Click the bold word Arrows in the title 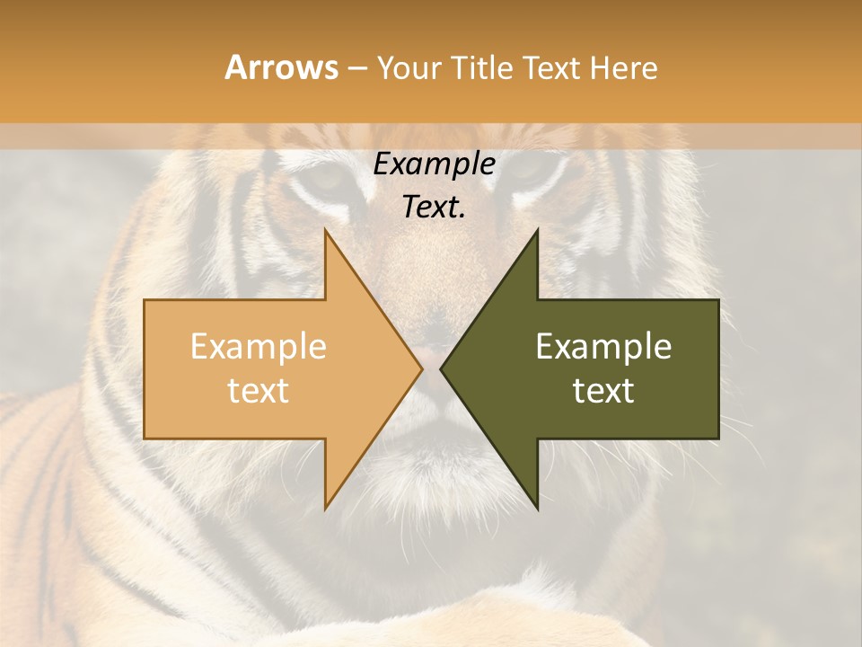(x=281, y=68)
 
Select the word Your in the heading (x=409, y=68)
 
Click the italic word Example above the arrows (x=435, y=164)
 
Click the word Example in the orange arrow (x=259, y=347)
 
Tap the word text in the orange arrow (x=259, y=391)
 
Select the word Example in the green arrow (x=603, y=347)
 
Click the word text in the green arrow (x=603, y=391)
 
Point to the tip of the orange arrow (x=422, y=369)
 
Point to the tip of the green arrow (x=441, y=369)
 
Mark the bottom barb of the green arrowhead (x=537, y=509)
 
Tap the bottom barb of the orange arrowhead (x=326, y=509)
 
